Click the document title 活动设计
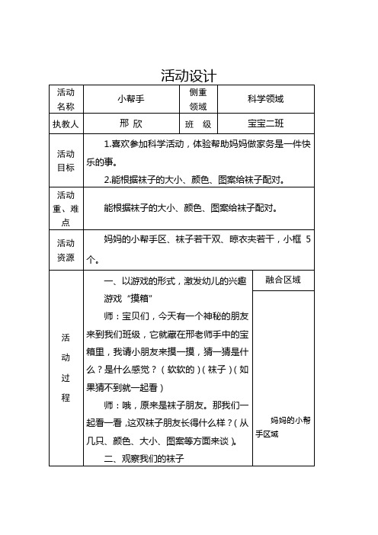(188, 75)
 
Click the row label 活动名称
(65, 98)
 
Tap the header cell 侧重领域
(197, 99)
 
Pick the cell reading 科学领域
(265, 99)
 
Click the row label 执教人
(65, 123)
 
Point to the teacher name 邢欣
(131, 123)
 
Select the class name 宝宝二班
(265, 123)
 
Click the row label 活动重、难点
(65, 207)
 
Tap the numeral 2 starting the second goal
(107, 180)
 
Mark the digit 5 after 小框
(307, 241)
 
